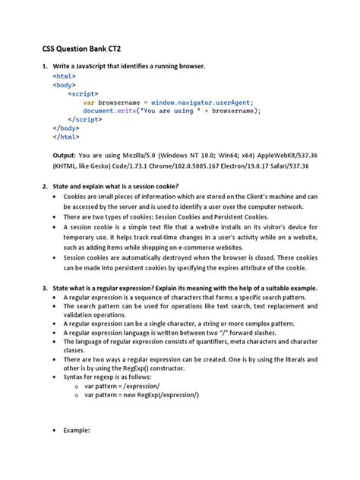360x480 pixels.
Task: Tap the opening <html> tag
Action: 65,77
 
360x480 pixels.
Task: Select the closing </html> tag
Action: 66,137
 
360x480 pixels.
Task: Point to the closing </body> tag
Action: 66,128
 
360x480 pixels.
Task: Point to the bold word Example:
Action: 77,429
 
